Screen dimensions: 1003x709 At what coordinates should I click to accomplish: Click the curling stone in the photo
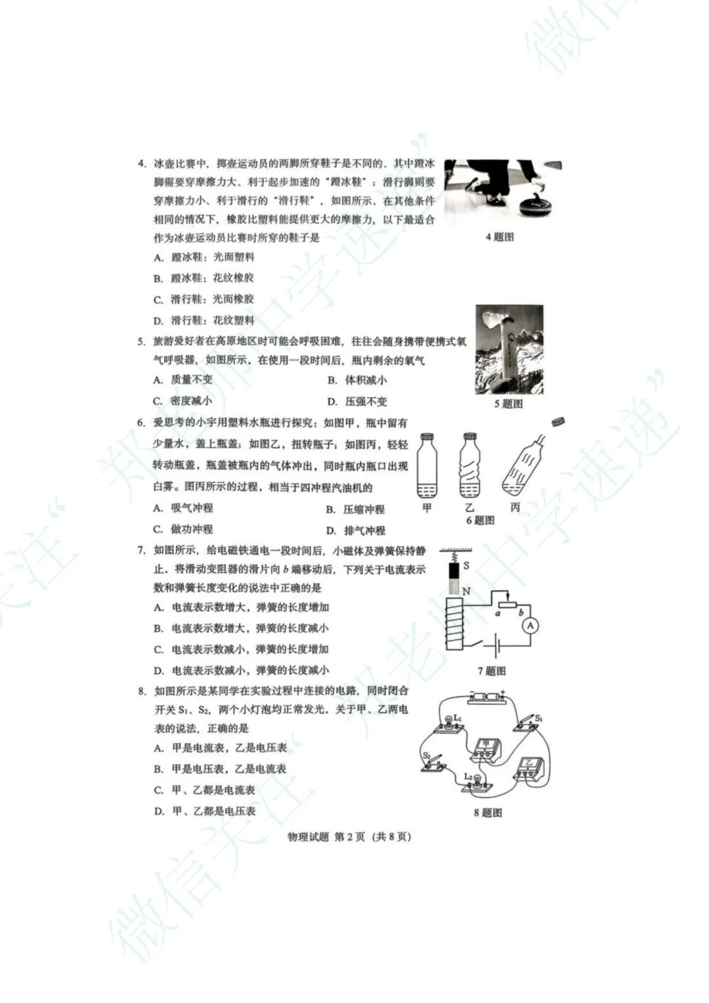pos(538,206)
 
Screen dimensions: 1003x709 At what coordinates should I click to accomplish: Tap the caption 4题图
pos(500,237)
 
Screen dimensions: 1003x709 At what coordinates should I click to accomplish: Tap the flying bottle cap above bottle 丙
pos(558,421)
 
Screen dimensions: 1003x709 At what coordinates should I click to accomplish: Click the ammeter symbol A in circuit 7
pos(530,626)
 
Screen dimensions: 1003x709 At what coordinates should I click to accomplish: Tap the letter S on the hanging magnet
pos(466,565)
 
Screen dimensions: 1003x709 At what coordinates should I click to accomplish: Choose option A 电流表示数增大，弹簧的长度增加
pos(242,607)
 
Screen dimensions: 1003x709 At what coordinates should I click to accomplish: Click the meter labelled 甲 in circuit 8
pos(485,748)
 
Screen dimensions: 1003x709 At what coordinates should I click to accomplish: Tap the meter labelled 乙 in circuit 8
pos(528,766)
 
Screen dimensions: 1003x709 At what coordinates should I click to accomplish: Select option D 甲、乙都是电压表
pos(205,811)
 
